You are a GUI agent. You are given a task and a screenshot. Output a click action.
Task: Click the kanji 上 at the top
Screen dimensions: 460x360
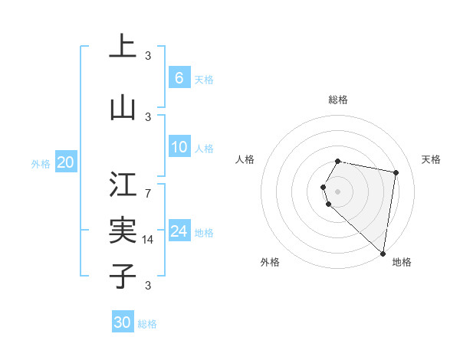point(123,47)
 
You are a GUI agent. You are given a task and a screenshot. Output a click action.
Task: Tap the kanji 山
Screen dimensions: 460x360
point(123,108)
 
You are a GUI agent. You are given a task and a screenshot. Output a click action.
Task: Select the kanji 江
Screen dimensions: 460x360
point(123,185)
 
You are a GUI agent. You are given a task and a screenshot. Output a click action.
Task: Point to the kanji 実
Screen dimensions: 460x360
point(123,230)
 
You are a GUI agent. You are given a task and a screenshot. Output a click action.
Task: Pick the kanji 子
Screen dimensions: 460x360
point(123,276)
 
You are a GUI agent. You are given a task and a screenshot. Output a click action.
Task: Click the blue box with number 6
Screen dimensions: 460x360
point(179,78)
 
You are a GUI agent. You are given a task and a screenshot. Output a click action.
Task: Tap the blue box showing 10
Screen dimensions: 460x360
point(179,148)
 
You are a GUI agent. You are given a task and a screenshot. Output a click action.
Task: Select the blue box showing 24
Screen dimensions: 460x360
point(179,231)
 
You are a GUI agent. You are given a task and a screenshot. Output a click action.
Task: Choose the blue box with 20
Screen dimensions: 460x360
point(66,162)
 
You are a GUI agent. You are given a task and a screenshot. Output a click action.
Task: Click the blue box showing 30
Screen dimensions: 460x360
point(123,322)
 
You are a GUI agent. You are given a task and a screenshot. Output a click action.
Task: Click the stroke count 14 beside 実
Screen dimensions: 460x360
point(147,240)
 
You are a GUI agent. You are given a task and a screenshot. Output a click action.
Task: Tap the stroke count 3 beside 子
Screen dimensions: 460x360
point(147,286)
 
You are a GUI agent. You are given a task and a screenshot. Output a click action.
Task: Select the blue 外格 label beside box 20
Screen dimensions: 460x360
point(41,163)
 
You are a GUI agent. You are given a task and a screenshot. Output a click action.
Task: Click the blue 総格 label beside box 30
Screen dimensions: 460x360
point(147,324)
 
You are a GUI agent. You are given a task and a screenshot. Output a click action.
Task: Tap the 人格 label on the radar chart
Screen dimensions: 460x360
point(245,159)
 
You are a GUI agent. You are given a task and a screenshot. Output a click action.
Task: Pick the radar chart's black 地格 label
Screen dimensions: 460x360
point(402,263)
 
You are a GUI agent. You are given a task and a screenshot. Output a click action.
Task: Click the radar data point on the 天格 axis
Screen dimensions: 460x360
point(396,172)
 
